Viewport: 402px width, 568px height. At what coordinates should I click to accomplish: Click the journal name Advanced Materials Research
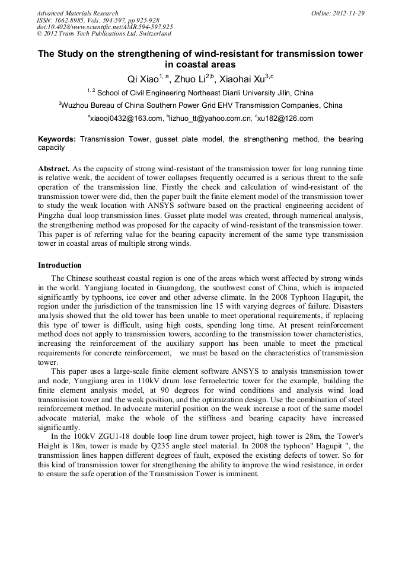click(77, 13)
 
